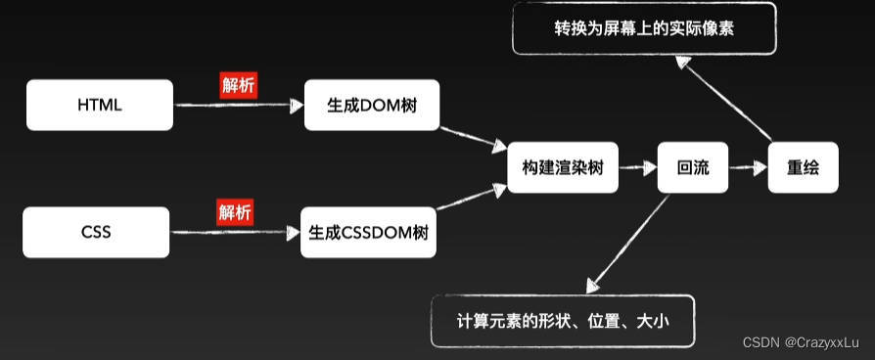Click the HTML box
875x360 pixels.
pyautogui.click(x=99, y=105)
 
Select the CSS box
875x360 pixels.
pyautogui.click(x=96, y=233)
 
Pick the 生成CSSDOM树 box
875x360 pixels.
pyautogui.click(x=368, y=233)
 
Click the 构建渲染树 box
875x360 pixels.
pyautogui.click(x=563, y=167)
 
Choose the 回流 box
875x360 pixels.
pyautogui.click(x=693, y=167)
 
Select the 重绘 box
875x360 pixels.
pyautogui.click(x=803, y=167)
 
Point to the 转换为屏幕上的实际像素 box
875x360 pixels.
pyautogui.click(x=644, y=28)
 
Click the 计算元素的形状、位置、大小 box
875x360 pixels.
pyautogui.click(x=563, y=321)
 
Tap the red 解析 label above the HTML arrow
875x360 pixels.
pyautogui.click(x=238, y=86)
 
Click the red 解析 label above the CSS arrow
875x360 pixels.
pyautogui.click(x=234, y=212)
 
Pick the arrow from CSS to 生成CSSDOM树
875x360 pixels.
pyautogui.click(x=234, y=233)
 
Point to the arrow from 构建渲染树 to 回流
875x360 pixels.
pyautogui.click(x=637, y=167)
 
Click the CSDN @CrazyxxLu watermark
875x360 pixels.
pyautogui.click(x=801, y=342)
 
